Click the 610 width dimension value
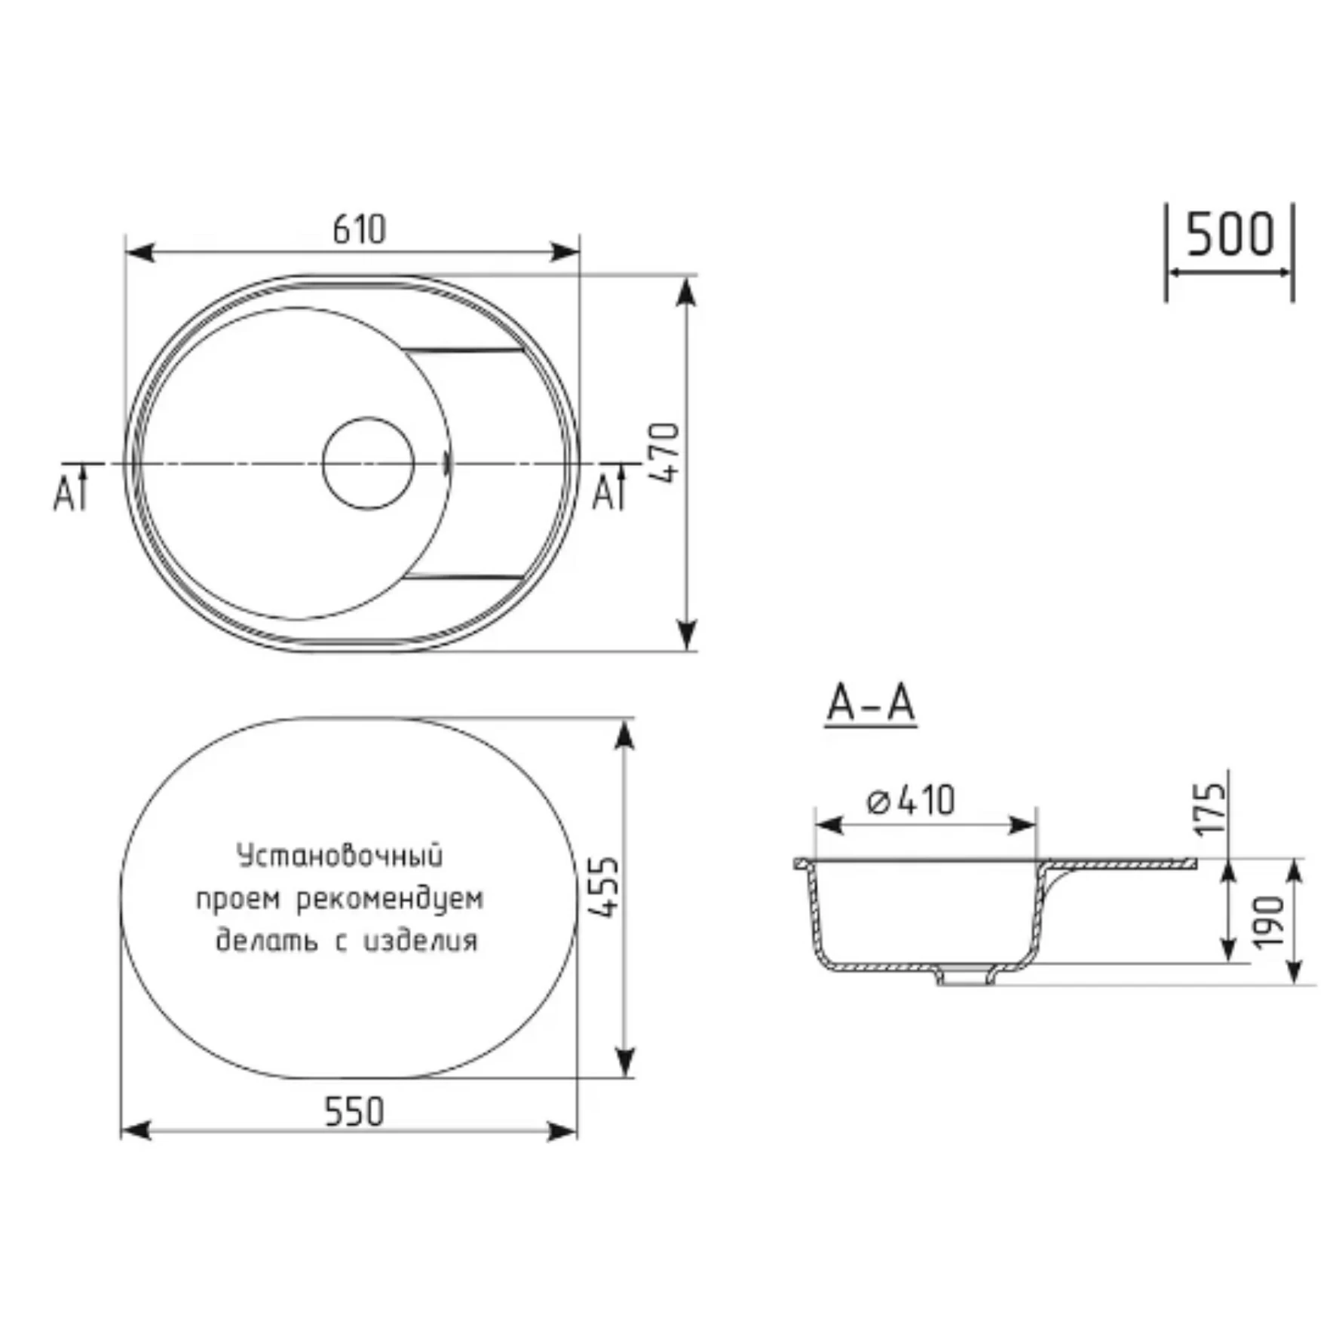pyautogui.click(x=359, y=229)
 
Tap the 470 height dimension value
pyautogui.click(x=664, y=453)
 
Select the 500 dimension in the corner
pyautogui.click(x=1230, y=234)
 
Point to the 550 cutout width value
pyautogui.click(x=354, y=1111)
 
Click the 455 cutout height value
pyautogui.click(x=603, y=887)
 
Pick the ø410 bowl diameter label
pyautogui.click(x=911, y=800)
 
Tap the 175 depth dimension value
pyautogui.click(x=1210, y=809)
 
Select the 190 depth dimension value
pyautogui.click(x=1268, y=921)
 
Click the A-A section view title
pyautogui.click(x=871, y=703)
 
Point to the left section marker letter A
pyautogui.click(x=63, y=495)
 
